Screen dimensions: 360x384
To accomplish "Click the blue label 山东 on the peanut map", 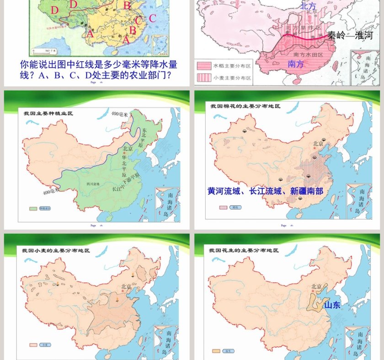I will (x=332, y=305).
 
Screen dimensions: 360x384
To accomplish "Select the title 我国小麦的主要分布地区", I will (x=56, y=251).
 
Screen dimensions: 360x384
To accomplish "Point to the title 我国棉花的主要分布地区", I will (x=245, y=106).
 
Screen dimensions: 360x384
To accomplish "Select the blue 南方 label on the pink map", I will (x=296, y=64).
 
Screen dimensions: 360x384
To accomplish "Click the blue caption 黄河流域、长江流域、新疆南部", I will (x=265, y=191).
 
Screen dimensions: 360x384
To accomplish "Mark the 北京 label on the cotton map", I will (x=319, y=143).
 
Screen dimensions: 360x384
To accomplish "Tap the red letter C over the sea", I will (x=152, y=18).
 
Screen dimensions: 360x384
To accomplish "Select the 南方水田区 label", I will (x=310, y=54).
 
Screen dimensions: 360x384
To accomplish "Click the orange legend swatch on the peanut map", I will (x=216, y=351).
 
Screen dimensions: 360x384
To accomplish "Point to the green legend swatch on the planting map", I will (x=33, y=208).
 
